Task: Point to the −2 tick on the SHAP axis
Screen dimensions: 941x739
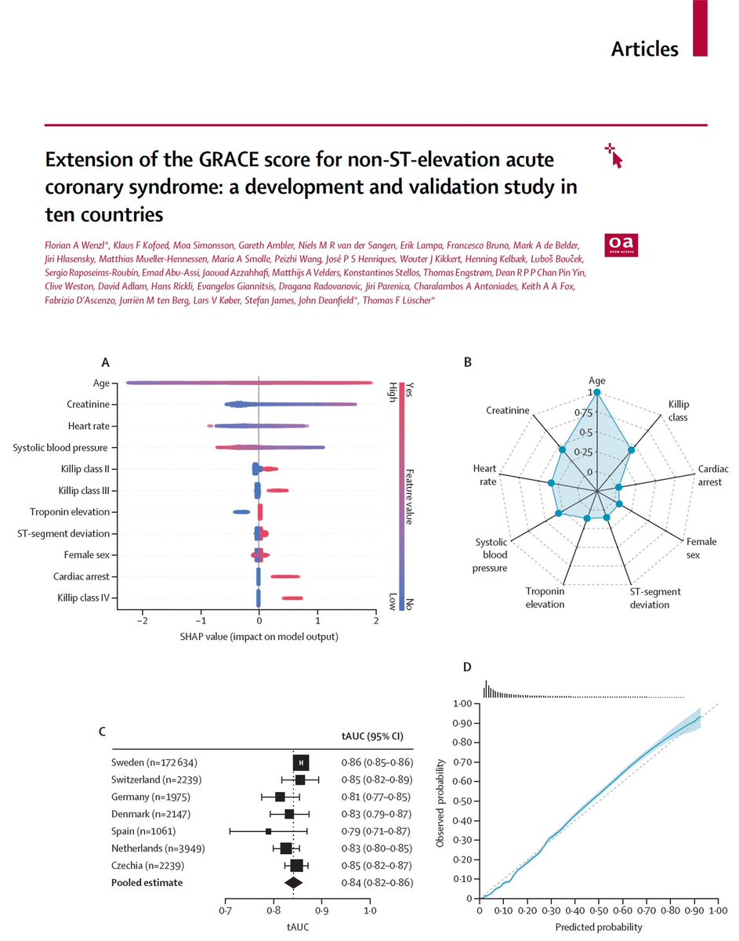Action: click(x=142, y=622)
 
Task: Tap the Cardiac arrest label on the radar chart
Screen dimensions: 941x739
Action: click(x=713, y=476)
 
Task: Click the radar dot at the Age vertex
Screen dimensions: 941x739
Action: click(x=596, y=392)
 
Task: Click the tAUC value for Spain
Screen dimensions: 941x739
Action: click(x=377, y=830)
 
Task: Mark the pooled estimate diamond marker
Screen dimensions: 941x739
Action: click(x=293, y=883)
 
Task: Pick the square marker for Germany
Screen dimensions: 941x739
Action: click(x=281, y=797)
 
